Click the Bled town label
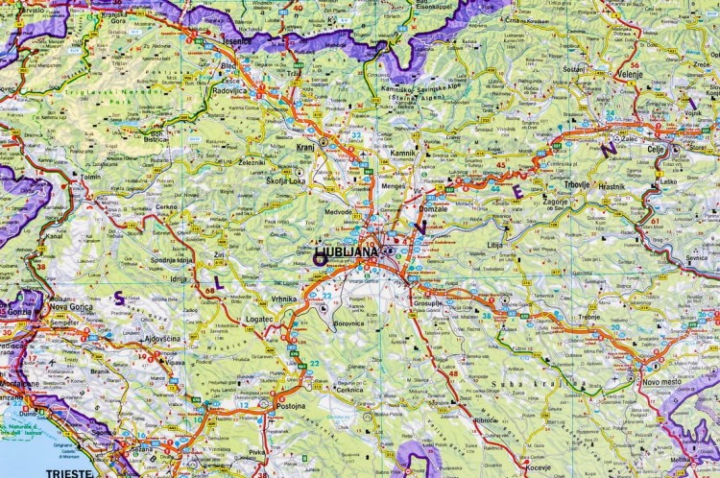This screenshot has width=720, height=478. (x=228, y=67)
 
